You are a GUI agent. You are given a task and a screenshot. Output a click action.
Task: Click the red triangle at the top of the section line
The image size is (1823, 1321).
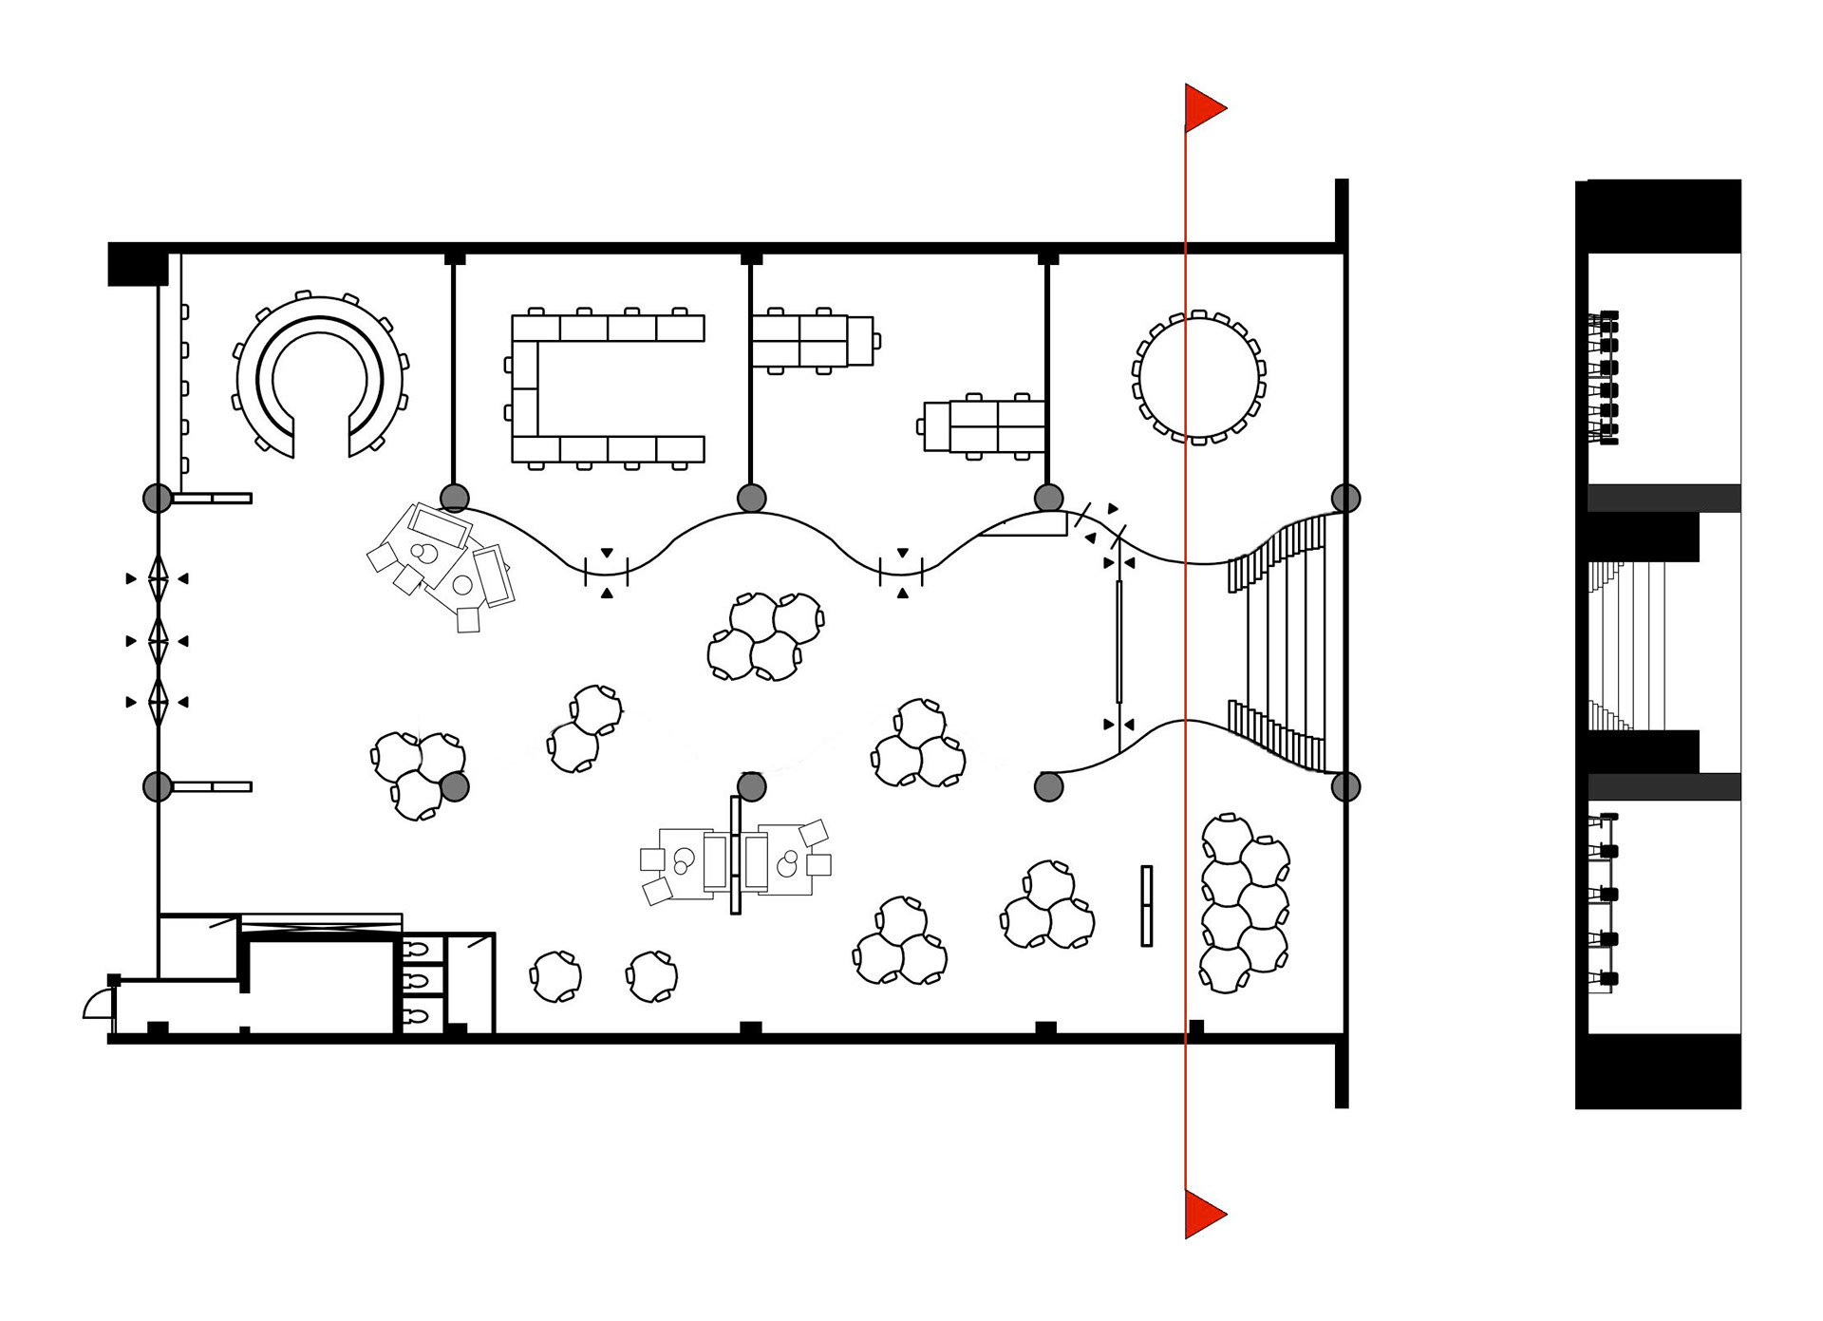tap(1202, 107)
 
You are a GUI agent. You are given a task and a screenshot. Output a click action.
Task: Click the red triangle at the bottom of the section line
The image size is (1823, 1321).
tap(1202, 1213)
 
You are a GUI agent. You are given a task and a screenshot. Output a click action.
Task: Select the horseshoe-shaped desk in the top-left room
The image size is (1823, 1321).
tap(320, 378)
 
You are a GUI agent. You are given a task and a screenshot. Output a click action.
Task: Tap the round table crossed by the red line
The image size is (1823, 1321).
tap(1198, 377)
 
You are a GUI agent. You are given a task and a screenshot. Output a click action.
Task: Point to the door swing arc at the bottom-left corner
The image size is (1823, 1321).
tap(96, 1004)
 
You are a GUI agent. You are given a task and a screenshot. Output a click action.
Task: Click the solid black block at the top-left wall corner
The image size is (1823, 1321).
tap(137, 264)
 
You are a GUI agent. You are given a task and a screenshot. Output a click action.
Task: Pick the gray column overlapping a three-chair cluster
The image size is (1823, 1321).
tap(455, 786)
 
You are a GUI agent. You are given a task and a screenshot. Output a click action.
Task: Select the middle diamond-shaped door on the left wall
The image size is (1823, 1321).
tap(158, 641)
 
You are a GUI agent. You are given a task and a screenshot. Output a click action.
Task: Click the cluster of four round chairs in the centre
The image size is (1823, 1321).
tap(765, 635)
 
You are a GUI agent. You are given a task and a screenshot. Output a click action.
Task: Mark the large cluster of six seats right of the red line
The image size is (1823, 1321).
tap(1244, 902)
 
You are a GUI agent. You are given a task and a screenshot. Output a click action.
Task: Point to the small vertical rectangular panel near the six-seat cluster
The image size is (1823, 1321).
tap(1146, 905)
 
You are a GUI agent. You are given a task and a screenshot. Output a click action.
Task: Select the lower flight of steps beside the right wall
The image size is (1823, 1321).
tap(1277, 735)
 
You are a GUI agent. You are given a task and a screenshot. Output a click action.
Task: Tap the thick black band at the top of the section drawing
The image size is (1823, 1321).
tap(1663, 216)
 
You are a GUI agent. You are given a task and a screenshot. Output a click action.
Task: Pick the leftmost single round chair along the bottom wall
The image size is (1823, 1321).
tap(555, 976)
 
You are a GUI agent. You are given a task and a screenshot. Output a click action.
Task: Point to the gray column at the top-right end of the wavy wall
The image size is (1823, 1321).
tap(1345, 498)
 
